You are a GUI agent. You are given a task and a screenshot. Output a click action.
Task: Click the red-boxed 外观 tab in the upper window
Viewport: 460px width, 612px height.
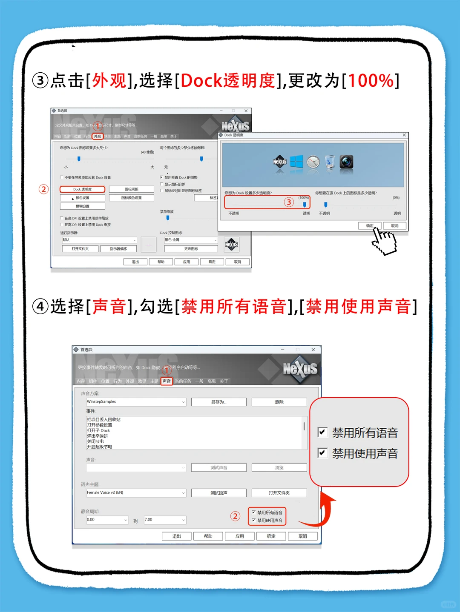(x=98, y=137)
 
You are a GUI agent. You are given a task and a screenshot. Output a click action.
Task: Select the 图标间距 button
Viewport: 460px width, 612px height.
(x=131, y=189)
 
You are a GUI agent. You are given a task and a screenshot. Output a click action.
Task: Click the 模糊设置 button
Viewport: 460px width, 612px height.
(x=83, y=206)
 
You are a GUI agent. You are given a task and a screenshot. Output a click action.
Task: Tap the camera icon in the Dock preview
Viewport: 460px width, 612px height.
(x=346, y=162)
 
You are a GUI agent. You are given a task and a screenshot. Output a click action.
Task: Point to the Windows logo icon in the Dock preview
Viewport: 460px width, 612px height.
(x=296, y=162)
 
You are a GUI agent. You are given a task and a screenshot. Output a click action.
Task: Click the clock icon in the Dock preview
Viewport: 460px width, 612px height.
(x=313, y=162)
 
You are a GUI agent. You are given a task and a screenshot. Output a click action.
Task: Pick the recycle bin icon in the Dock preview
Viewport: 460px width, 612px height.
(x=330, y=162)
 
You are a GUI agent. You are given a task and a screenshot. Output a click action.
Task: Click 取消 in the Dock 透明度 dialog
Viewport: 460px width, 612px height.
(x=394, y=226)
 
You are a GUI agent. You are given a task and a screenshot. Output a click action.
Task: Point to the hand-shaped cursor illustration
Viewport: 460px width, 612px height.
(x=383, y=241)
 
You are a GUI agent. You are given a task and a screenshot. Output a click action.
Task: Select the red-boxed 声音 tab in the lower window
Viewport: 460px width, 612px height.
(x=167, y=381)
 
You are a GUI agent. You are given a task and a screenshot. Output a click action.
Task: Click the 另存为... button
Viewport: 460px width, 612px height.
(x=218, y=402)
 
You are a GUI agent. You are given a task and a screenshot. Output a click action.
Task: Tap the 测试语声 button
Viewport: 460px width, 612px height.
(x=218, y=493)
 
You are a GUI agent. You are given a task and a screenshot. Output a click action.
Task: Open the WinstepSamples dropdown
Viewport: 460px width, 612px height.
(x=184, y=402)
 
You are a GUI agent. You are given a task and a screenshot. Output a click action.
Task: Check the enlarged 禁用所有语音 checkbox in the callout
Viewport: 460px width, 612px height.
(x=322, y=433)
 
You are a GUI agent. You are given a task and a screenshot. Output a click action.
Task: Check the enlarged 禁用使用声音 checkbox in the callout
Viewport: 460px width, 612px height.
(x=322, y=453)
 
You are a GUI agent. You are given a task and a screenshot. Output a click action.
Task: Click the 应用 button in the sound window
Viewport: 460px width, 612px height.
(x=240, y=536)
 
